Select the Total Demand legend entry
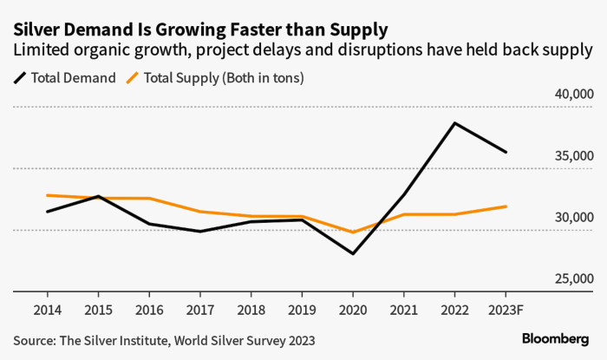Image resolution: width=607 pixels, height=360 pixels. pos(65,77)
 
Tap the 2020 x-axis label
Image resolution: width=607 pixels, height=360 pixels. pos(353,309)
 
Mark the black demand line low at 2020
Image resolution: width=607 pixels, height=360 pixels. pos(353,253)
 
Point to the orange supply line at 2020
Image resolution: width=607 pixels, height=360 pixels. pos(353,232)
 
